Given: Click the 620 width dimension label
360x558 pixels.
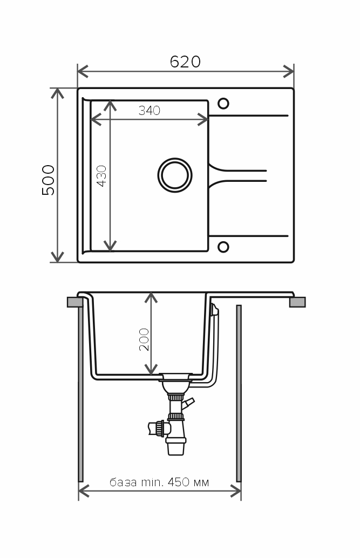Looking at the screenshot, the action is (185, 62).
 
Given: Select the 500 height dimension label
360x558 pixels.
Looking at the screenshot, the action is (49, 180).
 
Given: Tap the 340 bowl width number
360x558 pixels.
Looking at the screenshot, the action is (150, 111).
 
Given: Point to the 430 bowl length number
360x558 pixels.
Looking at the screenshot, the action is (101, 176).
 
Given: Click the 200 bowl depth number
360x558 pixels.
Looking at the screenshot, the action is (144, 339).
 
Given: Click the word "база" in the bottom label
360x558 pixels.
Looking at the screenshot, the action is (123, 483).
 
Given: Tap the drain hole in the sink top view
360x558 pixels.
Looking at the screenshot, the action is (175, 175).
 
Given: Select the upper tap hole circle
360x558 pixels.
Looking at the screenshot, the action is (223, 104).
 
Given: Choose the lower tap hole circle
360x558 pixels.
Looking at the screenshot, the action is (223, 247).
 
